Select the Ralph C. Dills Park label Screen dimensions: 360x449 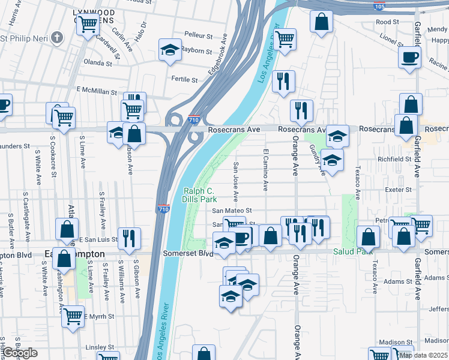click(199, 194)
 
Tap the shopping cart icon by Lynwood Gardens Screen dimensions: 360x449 click(88, 25)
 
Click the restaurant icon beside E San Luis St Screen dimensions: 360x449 click(129, 238)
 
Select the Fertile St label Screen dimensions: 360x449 click(184, 79)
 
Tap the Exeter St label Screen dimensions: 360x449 click(399, 190)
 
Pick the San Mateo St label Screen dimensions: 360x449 click(232, 211)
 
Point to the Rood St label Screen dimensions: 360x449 click(387, 22)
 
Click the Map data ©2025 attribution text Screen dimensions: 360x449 click(423, 355)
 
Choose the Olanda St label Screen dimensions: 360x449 click(98, 62)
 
